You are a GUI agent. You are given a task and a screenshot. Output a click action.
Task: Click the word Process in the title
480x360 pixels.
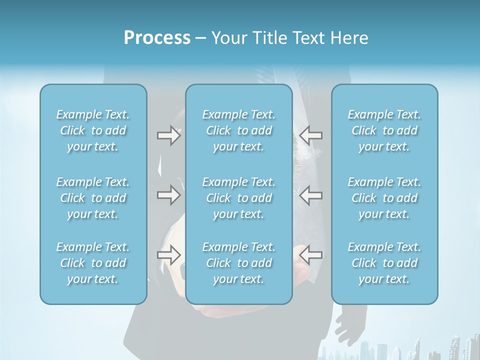pos(157,38)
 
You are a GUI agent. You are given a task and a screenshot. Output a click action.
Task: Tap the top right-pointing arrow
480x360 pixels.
pos(169,135)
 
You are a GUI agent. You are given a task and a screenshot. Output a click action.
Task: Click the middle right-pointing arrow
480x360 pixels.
pos(169,195)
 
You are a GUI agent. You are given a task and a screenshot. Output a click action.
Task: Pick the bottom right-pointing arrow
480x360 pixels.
pos(169,255)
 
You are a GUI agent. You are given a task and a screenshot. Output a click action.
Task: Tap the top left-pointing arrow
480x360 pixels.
pos(310,135)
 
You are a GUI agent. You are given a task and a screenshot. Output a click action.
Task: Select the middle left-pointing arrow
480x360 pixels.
pos(310,195)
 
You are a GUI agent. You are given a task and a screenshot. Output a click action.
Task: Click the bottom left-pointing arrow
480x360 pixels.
pos(310,255)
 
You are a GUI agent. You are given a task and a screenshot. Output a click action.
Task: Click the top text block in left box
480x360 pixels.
pos(93,130)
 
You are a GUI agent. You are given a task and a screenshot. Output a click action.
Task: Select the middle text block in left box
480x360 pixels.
pos(93,198)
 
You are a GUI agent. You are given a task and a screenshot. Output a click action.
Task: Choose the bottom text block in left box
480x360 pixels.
pos(93,263)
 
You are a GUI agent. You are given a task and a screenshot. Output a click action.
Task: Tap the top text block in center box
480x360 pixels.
pos(238,130)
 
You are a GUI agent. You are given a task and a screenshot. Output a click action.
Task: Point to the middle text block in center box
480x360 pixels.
pos(238,198)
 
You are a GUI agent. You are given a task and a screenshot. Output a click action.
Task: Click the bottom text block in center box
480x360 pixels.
pos(238,263)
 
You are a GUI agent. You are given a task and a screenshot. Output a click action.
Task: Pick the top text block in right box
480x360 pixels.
pos(384,130)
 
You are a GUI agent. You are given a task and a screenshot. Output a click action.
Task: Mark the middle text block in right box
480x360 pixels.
pos(384,198)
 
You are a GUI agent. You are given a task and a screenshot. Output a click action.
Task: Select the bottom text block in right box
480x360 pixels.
pos(384,263)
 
